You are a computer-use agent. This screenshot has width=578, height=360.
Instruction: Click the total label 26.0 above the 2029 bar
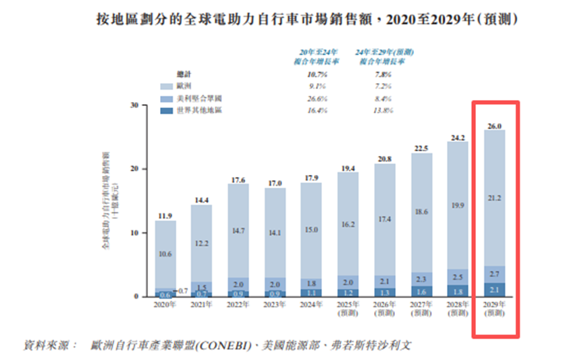pyautogui.click(x=495, y=126)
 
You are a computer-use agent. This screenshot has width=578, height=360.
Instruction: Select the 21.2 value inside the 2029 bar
pyautogui.click(x=495, y=198)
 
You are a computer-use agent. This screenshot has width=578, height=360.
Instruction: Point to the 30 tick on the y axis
pyautogui.click(x=135, y=105)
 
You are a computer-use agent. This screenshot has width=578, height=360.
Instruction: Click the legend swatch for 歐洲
pyautogui.click(x=166, y=86)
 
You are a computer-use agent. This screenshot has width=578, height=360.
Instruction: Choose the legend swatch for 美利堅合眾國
pyautogui.click(x=166, y=98)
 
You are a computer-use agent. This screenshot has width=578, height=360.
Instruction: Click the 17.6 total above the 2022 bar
pyautogui.click(x=238, y=180)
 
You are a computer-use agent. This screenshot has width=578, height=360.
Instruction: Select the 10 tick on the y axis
pyautogui.click(x=135, y=232)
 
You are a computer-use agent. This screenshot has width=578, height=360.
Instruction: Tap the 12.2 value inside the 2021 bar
pyautogui.click(x=202, y=243)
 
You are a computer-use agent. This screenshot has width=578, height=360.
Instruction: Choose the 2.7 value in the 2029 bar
pyautogui.click(x=495, y=274)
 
